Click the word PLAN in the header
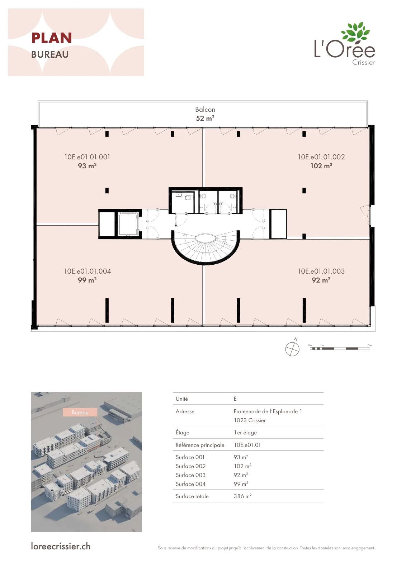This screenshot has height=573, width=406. (51, 38)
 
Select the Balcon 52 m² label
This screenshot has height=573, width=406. (205, 114)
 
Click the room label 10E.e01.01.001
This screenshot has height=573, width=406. (87, 157)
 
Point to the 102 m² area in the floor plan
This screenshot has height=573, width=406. (321, 166)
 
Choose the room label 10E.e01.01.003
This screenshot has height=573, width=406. (321, 271)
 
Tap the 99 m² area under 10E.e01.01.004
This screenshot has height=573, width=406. (87, 280)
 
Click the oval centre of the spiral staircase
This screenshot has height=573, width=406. (206, 238)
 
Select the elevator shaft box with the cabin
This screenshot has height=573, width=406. (128, 224)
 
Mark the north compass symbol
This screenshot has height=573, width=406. (292, 349)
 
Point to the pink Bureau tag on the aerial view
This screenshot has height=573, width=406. (80, 412)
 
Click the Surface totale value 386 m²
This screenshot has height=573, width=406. (242, 496)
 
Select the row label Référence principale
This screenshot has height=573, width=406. (200, 445)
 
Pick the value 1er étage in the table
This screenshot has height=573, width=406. (245, 433)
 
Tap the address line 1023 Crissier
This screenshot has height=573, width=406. (250, 420)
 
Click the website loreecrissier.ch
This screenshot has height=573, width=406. (61, 546)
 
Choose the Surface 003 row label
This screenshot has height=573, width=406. (190, 475)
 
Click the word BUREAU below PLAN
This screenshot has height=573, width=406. (50, 54)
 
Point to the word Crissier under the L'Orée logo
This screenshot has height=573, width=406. (363, 62)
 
